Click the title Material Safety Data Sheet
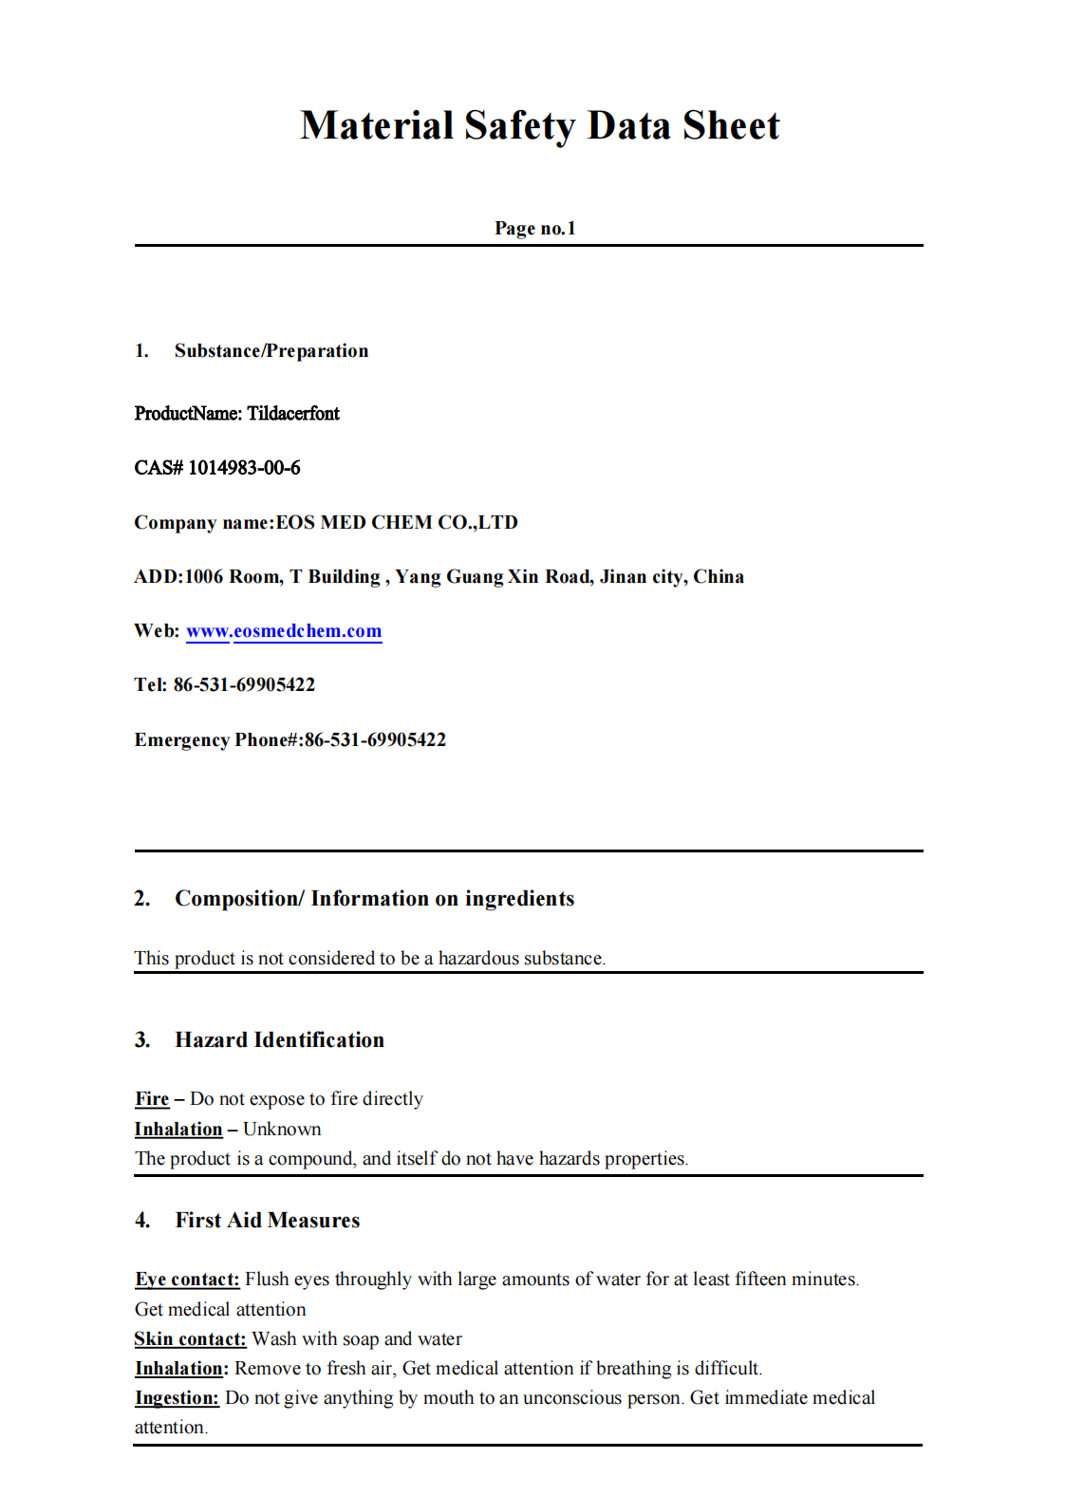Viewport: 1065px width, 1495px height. point(539,125)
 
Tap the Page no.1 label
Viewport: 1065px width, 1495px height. point(534,228)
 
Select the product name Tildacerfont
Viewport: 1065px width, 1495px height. point(293,413)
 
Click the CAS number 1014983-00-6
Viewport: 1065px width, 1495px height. point(244,467)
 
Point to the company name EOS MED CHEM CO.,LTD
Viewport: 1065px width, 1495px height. point(397,522)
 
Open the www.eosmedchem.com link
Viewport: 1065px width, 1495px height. point(284,631)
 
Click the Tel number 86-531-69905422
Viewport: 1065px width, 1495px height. point(244,684)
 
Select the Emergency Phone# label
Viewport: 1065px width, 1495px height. point(217,739)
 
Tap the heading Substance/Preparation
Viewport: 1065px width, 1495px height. point(271,350)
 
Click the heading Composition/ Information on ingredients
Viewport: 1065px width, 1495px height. point(374,898)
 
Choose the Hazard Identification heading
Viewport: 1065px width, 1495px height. point(279,1039)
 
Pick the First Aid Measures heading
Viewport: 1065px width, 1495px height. point(267,1220)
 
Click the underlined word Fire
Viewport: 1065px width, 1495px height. point(152,1098)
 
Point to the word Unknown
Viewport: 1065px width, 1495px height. point(282,1129)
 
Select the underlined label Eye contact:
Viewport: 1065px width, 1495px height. point(187,1279)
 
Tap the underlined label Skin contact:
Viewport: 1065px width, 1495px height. point(190,1338)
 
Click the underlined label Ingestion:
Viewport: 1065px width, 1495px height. point(177,1397)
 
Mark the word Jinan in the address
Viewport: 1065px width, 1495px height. point(623,576)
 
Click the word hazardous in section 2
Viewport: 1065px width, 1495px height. point(478,958)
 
